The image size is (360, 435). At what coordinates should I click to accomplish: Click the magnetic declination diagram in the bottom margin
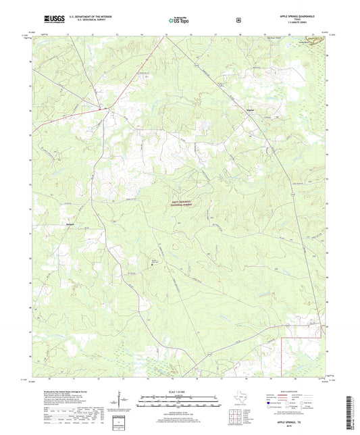pyautogui.click(x=127, y=401)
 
